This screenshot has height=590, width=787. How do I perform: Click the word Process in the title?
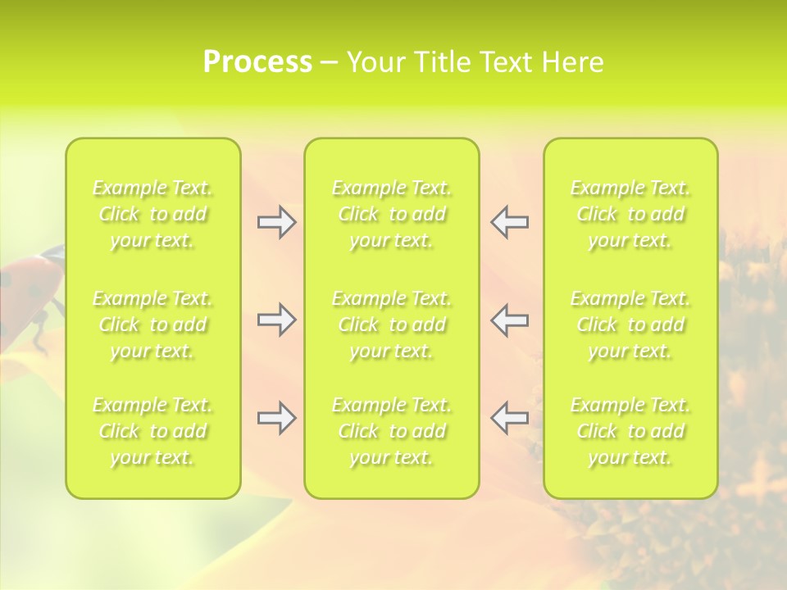pyautogui.click(x=257, y=62)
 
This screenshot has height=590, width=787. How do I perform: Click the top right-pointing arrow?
pyautogui.click(x=277, y=222)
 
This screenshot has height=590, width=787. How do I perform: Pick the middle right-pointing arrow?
pyautogui.click(x=277, y=320)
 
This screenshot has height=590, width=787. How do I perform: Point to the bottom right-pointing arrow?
pyautogui.click(x=277, y=418)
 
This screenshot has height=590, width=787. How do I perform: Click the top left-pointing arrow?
pyautogui.click(x=509, y=222)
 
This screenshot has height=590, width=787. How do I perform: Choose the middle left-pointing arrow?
pyautogui.click(x=509, y=320)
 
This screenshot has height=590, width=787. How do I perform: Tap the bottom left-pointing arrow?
pyautogui.click(x=509, y=418)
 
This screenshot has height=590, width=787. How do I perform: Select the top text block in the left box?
pyautogui.click(x=152, y=214)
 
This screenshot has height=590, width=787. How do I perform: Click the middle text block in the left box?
pyautogui.click(x=152, y=324)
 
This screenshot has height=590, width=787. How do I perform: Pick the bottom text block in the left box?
pyautogui.click(x=152, y=431)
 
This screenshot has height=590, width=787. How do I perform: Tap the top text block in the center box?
pyautogui.click(x=391, y=214)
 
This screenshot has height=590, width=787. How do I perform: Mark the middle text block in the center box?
pyautogui.click(x=391, y=324)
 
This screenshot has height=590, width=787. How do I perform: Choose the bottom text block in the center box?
pyautogui.click(x=391, y=431)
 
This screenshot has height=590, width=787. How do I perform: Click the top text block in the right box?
pyautogui.click(x=630, y=214)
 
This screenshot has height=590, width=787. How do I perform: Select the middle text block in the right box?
pyautogui.click(x=630, y=324)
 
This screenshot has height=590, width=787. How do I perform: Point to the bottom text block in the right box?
pyautogui.click(x=630, y=431)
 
